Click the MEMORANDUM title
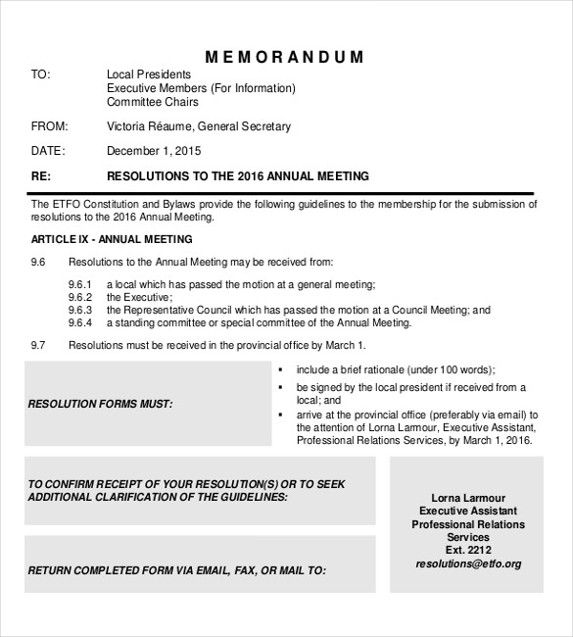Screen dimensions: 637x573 pyautogui.click(x=285, y=57)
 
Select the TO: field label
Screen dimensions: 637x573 pyautogui.click(x=40, y=74)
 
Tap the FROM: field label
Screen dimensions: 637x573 pyautogui.click(x=48, y=126)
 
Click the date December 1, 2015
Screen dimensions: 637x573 pyautogui.click(x=154, y=151)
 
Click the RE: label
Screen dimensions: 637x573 pyautogui.click(x=40, y=176)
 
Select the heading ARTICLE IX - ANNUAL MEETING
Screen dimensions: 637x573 pyautogui.click(x=112, y=239)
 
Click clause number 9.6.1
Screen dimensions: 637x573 pyautogui.click(x=80, y=284)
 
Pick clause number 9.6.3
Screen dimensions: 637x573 pyautogui.click(x=80, y=310)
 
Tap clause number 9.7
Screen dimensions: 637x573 pyautogui.click(x=38, y=345)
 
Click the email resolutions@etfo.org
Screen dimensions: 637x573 pyautogui.click(x=468, y=563)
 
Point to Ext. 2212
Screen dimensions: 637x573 pyautogui.click(x=468, y=551)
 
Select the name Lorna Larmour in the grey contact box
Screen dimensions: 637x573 pyautogui.click(x=468, y=498)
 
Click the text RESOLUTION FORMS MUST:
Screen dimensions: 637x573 pyautogui.click(x=100, y=403)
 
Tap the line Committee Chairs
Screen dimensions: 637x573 pyautogui.click(x=152, y=102)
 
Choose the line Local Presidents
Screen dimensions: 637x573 pyautogui.click(x=149, y=74)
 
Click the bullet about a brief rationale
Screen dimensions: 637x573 pyautogui.click(x=396, y=369)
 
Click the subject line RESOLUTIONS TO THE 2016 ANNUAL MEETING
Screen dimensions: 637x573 pyautogui.click(x=237, y=176)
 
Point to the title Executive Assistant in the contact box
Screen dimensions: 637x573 pyautogui.click(x=468, y=512)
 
